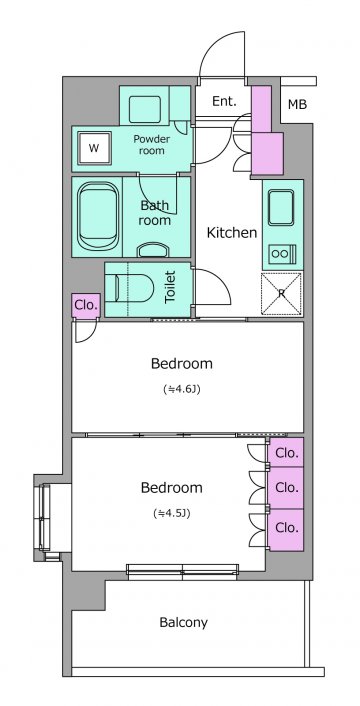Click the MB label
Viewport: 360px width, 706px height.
(297, 104)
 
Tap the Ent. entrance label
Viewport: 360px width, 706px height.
(224, 101)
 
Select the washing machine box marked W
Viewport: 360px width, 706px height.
(94, 148)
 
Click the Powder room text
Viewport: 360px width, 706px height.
(152, 145)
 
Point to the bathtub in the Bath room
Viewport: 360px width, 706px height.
(98, 216)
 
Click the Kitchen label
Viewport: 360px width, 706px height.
(231, 232)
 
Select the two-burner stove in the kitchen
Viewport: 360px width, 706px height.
(282, 254)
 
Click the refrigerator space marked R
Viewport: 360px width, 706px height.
(282, 293)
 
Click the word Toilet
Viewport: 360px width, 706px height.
(170, 286)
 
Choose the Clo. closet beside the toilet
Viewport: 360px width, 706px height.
(86, 306)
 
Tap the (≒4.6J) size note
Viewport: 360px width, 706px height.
(182, 389)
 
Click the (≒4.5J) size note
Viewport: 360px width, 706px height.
(171, 513)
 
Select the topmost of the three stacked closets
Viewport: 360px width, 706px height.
(286, 453)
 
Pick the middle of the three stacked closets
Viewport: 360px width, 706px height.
(286, 488)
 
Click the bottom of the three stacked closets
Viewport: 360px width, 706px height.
(286, 530)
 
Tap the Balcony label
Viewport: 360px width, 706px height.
(184, 623)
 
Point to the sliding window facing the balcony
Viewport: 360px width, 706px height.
(182, 572)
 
